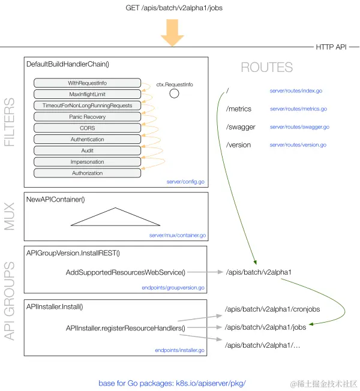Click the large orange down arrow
(x=172, y=34)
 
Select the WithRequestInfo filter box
(x=87, y=83)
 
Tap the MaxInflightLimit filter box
(x=87, y=94)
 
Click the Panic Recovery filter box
(x=87, y=117)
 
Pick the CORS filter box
(x=87, y=128)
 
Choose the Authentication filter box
(x=87, y=139)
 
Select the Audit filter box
(x=87, y=151)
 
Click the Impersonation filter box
(x=87, y=162)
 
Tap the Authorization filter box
(x=87, y=173)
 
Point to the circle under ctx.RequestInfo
(x=174, y=94)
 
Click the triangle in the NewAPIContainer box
(x=116, y=218)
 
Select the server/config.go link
(x=186, y=181)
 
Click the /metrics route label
(x=239, y=109)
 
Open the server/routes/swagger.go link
(x=299, y=127)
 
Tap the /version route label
(x=238, y=145)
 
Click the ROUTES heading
(x=266, y=68)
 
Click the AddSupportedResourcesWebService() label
(x=125, y=272)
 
